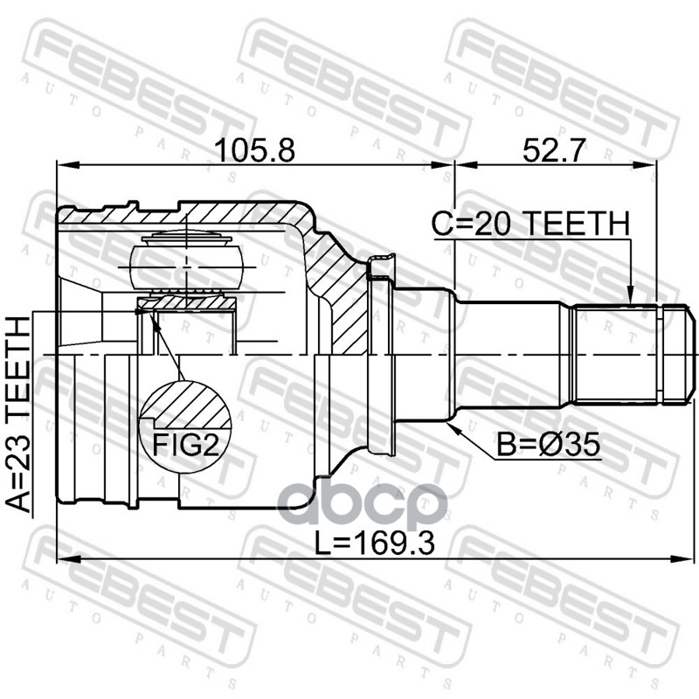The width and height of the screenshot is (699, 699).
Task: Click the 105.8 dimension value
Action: point(254,150)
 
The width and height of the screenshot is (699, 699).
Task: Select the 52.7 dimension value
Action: point(553,150)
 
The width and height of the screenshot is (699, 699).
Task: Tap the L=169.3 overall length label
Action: point(375,543)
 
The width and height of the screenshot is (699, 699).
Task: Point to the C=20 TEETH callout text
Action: point(530,224)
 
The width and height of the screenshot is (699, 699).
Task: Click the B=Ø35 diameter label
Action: point(549,445)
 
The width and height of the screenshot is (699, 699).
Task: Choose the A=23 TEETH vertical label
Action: point(18,414)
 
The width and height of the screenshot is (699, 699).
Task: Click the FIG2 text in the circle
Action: point(186,445)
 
